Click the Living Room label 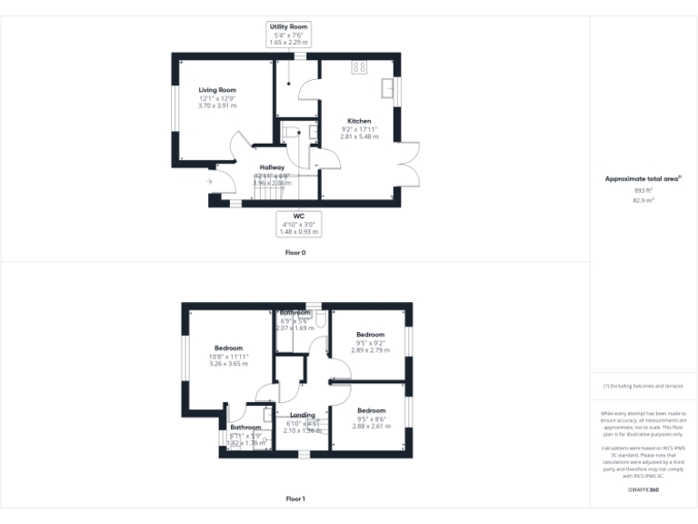tap(218, 90)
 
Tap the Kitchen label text tap(358, 121)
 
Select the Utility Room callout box tap(288, 35)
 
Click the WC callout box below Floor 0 tap(298, 223)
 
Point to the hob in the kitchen tap(359, 66)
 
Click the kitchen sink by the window tap(388, 88)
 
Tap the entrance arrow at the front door tap(209, 182)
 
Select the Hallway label tap(272, 167)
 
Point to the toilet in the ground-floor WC tap(292, 133)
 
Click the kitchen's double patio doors tap(407, 165)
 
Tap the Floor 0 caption tap(295, 252)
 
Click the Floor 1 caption tap(295, 499)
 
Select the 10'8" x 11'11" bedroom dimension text tap(228, 357)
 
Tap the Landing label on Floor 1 tap(302, 415)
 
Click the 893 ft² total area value tap(643, 190)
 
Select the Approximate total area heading tap(643, 179)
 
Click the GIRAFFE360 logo tap(643, 490)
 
